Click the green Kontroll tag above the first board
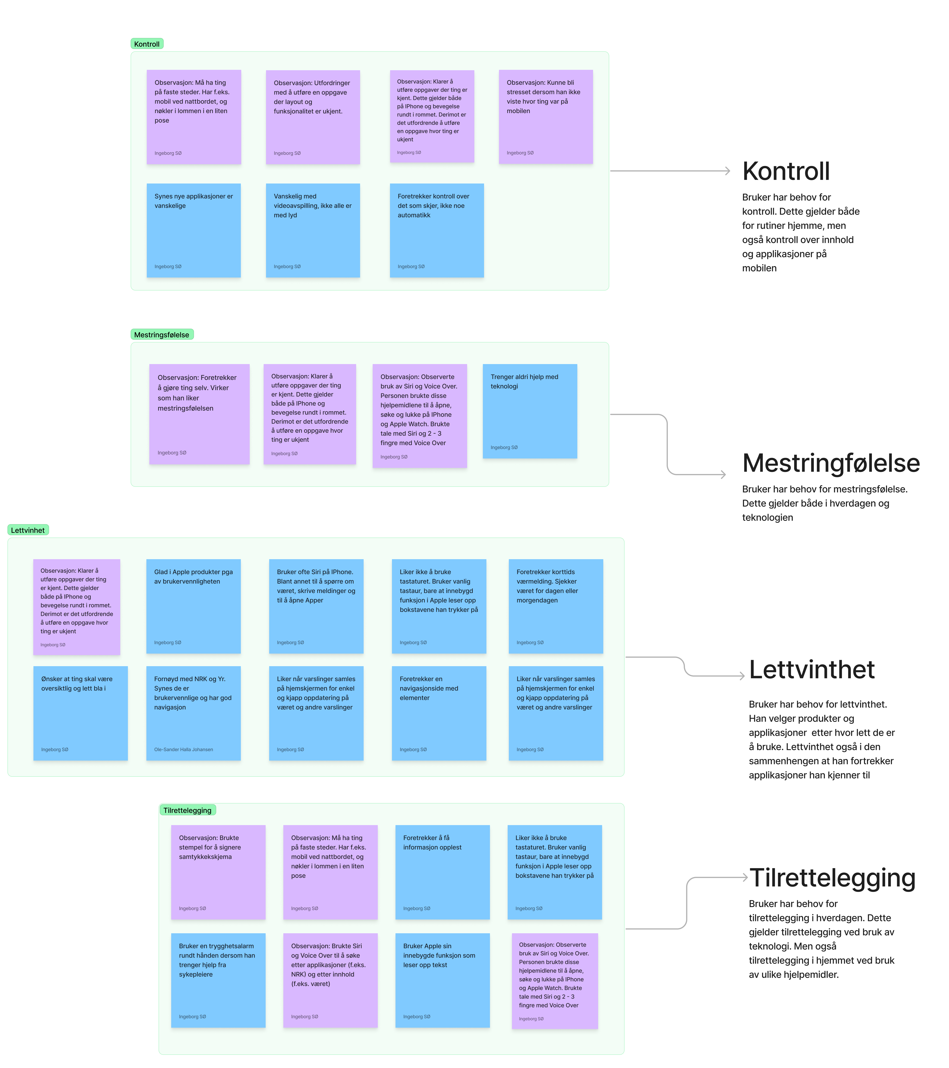[147, 44]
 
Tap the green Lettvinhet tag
[28, 530]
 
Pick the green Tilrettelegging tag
[187, 810]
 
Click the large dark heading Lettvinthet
[812, 670]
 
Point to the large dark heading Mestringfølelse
[831, 463]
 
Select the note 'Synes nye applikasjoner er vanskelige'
[193, 230]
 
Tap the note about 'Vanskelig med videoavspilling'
[312, 230]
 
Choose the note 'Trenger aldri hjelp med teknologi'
[529, 411]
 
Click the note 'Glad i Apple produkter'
[193, 606]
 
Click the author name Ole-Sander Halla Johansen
[183, 749]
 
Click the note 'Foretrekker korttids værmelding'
[555, 606]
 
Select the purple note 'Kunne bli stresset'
[546, 116]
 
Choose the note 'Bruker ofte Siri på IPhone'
[316, 606]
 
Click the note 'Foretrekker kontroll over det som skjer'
[436, 230]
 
